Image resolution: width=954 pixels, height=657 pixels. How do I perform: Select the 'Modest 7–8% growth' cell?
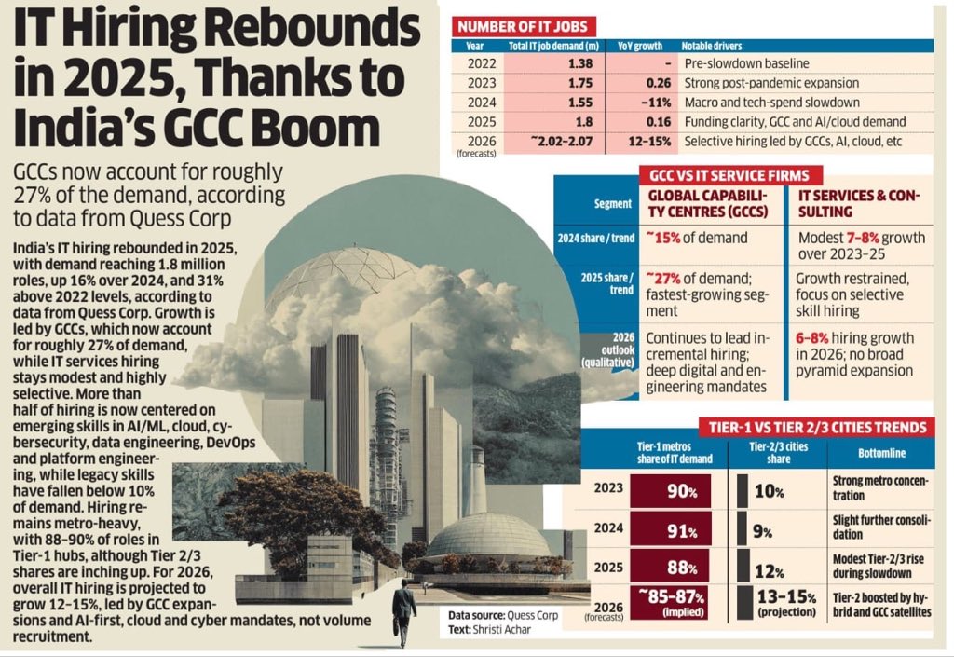[x=862, y=246]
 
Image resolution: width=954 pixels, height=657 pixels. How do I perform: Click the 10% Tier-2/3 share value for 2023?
[x=763, y=490]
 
